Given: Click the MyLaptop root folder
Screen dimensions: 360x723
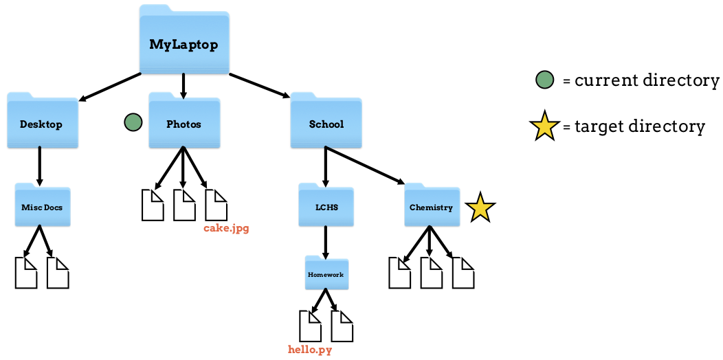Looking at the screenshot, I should click(x=183, y=43).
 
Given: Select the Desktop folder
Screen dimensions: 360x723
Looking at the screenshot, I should click(x=42, y=123).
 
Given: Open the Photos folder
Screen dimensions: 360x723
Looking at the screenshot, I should click(x=184, y=123).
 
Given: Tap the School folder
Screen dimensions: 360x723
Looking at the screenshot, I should click(x=326, y=123).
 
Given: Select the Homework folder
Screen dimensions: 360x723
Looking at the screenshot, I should click(x=326, y=274).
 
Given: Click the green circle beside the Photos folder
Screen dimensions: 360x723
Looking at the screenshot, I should click(x=133, y=122).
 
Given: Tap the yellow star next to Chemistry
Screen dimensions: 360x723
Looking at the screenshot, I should click(x=480, y=208).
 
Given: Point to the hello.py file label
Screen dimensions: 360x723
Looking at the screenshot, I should click(x=310, y=350).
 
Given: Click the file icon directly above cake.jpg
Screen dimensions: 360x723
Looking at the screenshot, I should click(x=216, y=204).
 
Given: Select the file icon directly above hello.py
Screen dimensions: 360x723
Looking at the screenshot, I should click(x=310, y=326).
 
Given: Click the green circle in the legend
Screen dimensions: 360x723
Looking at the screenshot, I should click(x=544, y=80).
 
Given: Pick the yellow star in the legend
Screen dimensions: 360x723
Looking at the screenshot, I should click(x=544, y=126).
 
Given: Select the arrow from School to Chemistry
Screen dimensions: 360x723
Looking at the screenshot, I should click(x=364, y=166).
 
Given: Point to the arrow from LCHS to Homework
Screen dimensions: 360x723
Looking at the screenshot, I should click(x=326, y=240).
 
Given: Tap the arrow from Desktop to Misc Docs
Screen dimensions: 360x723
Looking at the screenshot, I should click(x=40, y=166).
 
